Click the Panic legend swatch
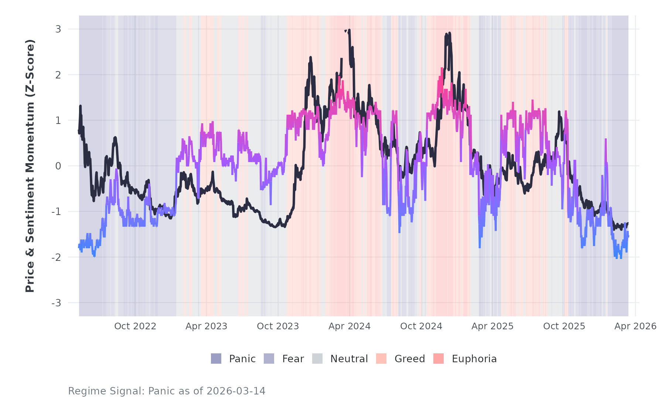(x=216, y=359)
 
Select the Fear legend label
(x=293, y=359)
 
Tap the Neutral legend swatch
(x=317, y=359)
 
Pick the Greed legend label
(x=410, y=359)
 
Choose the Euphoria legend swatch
(x=439, y=359)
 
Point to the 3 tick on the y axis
(x=58, y=29)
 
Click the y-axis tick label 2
(x=58, y=75)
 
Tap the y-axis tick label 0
(x=58, y=166)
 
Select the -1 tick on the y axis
(x=57, y=212)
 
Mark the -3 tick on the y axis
(x=57, y=303)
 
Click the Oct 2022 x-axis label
(x=135, y=326)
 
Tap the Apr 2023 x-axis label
(x=207, y=326)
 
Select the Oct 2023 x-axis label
(x=278, y=326)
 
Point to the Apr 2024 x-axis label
(x=349, y=326)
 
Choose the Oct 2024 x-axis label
(x=421, y=326)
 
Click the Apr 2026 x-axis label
(x=635, y=326)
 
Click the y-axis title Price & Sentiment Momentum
(x=30, y=166)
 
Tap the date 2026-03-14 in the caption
(x=236, y=391)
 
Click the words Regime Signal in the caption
(x=106, y=391)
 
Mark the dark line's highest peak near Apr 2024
(x=349, y=30)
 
